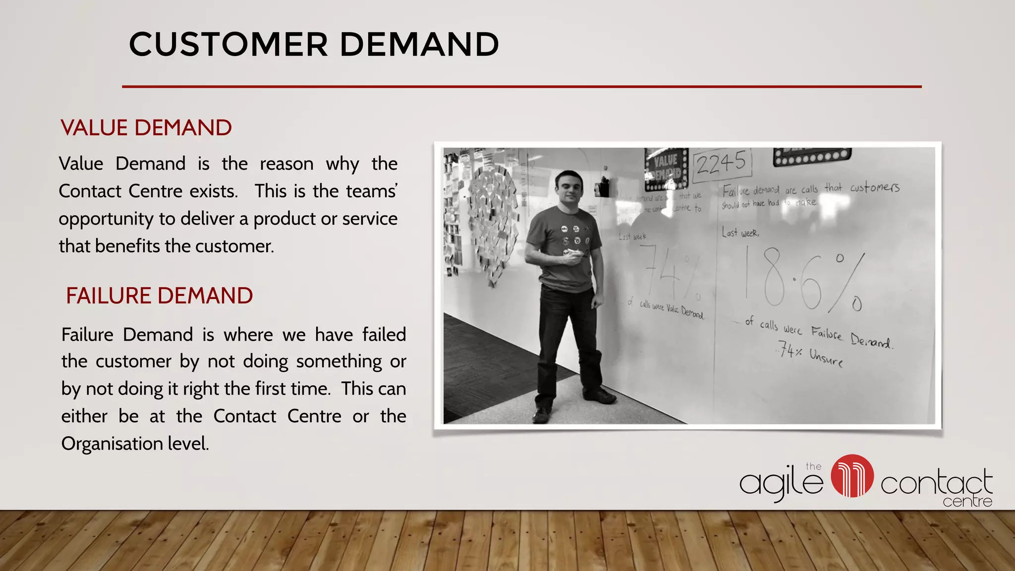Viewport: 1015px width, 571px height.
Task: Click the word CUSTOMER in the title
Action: pos(228,45)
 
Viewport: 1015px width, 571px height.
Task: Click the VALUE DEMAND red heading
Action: pos(146,128)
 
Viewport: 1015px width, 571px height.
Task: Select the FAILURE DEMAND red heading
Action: pos(159,296)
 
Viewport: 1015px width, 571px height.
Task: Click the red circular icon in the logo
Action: pos(852,476)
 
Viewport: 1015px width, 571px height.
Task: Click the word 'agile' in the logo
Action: pos(781,482)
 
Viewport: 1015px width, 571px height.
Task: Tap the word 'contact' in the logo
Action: pos(936,483)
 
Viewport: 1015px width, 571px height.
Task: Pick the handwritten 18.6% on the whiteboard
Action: pos(805,280)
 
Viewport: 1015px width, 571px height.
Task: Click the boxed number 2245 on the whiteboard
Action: pos(722,163)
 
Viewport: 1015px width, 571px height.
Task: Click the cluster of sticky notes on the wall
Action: pos(491,223)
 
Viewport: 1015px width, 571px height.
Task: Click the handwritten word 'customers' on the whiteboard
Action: pos(874,187)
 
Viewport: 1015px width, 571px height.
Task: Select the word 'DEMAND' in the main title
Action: pos(419,45)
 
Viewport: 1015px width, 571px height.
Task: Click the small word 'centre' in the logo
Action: pos(967,502)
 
